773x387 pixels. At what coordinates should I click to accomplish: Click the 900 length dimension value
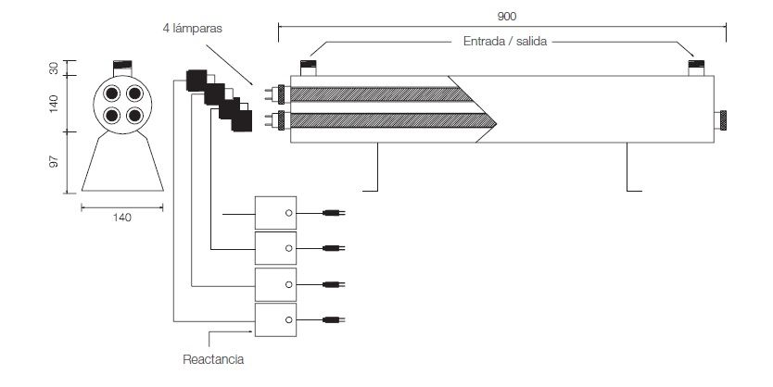(x=506, y=15)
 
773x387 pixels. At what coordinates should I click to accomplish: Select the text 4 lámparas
(x=190, y=29)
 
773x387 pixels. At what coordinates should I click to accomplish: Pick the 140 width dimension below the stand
(x=122, y=218)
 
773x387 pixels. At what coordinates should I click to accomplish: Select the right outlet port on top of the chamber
(x=697, y=67)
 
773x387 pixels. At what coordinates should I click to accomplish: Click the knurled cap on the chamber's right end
(x=721, y=120)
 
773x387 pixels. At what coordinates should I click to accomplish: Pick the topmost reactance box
(x=276, y=212)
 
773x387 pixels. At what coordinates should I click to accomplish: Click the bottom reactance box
(x=276, y=318)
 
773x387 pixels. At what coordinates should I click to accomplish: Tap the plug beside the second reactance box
(x=332, y=248)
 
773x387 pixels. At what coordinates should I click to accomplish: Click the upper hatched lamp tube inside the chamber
(x=380, y=94)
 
